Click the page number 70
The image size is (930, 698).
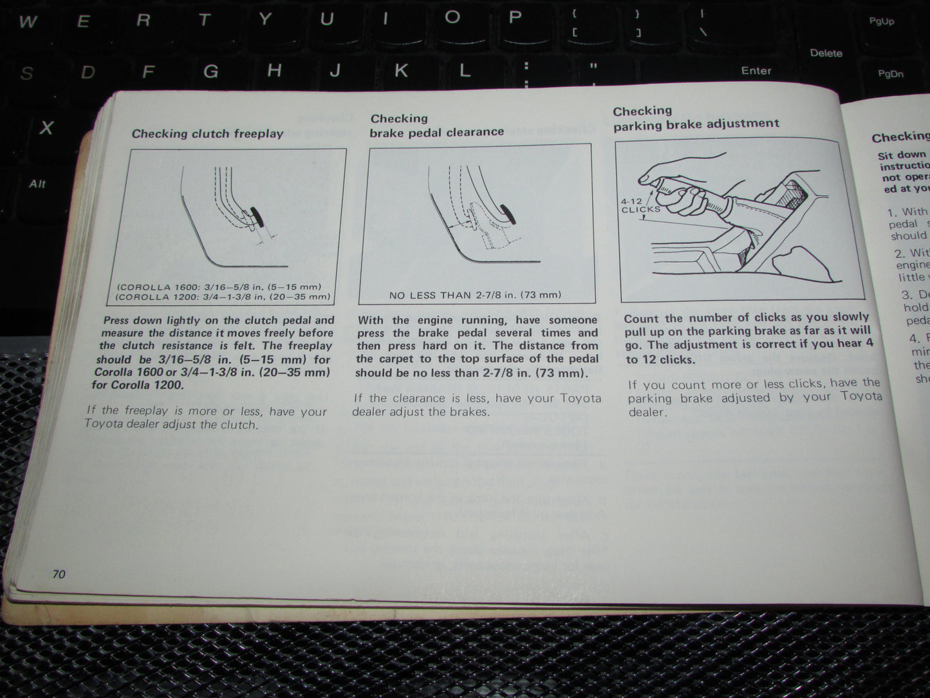coord(59,574)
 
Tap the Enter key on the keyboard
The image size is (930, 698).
coord(756,71)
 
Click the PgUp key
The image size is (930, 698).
coord(881,21)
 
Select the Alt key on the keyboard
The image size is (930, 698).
coord(37,184)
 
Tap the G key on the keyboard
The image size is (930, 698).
coord(210,71)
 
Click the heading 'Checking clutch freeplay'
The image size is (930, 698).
coord(207,134)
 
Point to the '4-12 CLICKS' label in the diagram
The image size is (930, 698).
coord(640,205)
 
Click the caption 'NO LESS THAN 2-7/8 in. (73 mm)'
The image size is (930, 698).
coord(475,296)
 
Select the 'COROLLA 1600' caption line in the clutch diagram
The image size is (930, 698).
coord(219,287)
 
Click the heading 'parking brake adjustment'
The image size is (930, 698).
coord(696,124)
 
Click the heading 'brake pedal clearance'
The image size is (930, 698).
coord(436,132)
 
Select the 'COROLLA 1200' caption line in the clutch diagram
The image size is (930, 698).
coord(223,297)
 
